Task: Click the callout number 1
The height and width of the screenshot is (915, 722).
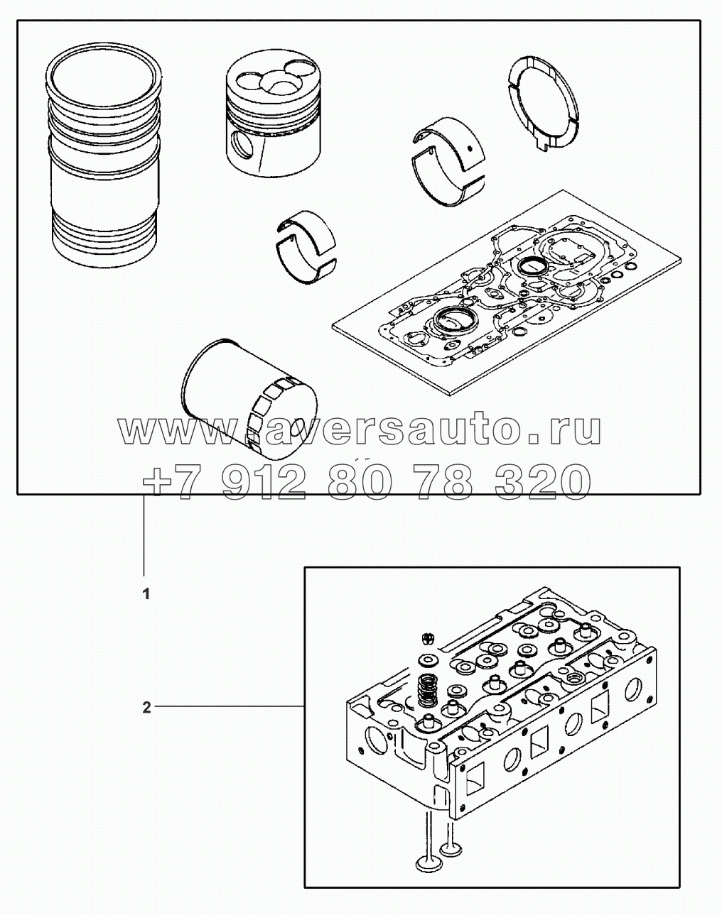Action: click(x=146, y=595)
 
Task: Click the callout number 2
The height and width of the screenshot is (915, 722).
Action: click(x=146, y=708)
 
